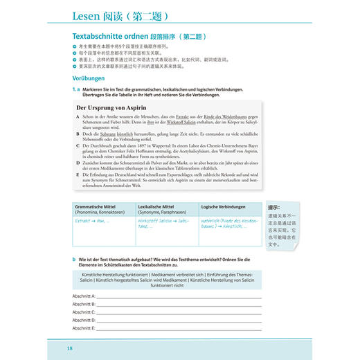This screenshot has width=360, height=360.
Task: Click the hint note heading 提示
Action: pyautogui.click(x=273, y=207)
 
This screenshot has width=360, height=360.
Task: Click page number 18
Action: pyautogui.click(x=70, y=348)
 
